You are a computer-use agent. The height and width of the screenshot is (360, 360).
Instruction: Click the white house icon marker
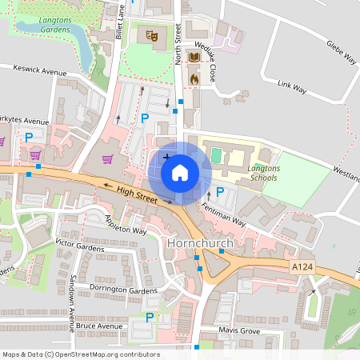pos(180,171)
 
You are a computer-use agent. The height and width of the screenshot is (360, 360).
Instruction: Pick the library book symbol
pos(194,58)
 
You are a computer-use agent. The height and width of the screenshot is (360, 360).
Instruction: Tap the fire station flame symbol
pos(194,78)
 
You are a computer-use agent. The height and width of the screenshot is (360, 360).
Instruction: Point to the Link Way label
pos(291,86)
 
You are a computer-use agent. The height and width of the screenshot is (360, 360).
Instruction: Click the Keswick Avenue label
pos(40,71)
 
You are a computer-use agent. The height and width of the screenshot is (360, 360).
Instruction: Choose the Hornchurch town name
pos(199,242)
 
